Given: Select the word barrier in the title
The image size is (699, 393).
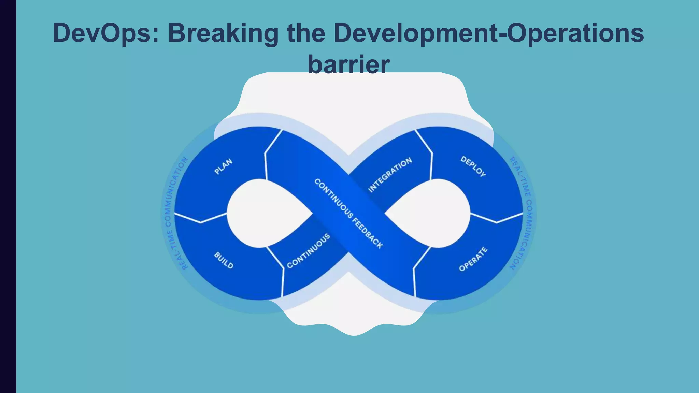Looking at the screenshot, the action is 348,64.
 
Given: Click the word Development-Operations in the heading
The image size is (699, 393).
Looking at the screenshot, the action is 488,33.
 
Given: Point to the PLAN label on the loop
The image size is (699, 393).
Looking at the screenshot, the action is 223,166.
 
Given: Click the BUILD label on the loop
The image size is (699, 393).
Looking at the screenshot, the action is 224,260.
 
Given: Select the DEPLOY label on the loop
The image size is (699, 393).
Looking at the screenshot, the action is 473,166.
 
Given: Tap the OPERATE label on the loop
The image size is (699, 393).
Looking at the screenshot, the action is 473,259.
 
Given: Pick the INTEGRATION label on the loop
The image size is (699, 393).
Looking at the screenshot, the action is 390,175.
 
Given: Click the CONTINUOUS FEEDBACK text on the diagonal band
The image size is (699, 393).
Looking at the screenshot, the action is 348,214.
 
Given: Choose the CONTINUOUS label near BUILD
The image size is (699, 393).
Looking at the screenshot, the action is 308,251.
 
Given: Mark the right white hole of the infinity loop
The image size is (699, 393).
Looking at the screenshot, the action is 435,213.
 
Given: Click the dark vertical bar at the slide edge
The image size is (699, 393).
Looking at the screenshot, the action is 8,196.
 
